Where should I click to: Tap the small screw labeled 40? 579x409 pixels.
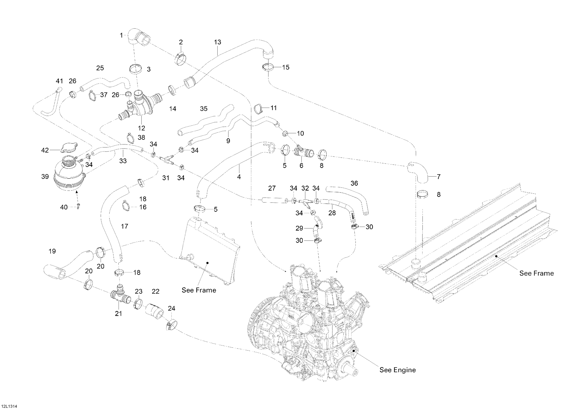tap(78, 207)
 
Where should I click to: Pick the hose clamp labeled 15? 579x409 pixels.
tap(267, 67)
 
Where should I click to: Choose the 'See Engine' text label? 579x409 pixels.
tap(397, 370)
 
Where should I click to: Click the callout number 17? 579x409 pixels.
tap(124, 226)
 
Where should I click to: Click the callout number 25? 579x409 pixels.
tap(100, 68)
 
